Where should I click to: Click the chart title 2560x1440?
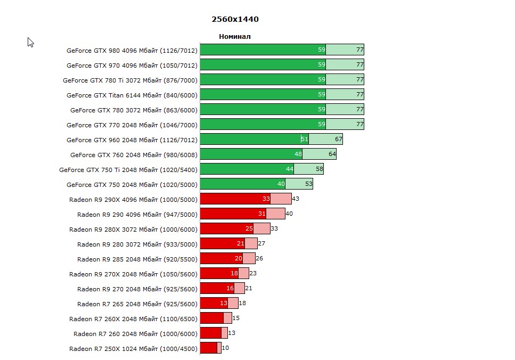pyautogui.click(x=235, y=19)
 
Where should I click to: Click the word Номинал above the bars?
pyautogui.click(x=234, y=37)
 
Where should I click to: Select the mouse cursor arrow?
pyautogui.click(x=30, y=42)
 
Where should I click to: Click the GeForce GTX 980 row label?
pyautogui.click(x=132, y=51)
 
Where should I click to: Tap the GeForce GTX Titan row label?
pyautogui.click(x=132, y=95)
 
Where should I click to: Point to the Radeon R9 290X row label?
pyautogui.click(x=133, y=200)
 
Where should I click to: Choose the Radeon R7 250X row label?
pyautogui.click(x=133, y=349)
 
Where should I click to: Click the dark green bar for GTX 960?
pyautogui.click(x=250, y=140)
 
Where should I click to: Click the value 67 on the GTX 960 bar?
pyautogui.click(x=338, y=140)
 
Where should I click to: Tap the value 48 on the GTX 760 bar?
pyautogui.click(x=298, y=154)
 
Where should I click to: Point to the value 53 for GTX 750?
pyautogui.click(x=309, y=184)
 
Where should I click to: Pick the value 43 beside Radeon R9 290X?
pyautogui.click(x=296, y=199)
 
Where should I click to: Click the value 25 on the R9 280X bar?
pyautogui.click(x=249, y=229)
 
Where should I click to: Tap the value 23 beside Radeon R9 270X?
pyautogui.click(x=253, y=274)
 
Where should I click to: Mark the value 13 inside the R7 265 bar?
pyautogui.click(x=224, y=304)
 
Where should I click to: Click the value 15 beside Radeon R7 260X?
pyautogui.click(x=236, y=318)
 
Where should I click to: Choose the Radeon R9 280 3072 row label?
pyautogui.click(x=137, y=244)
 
